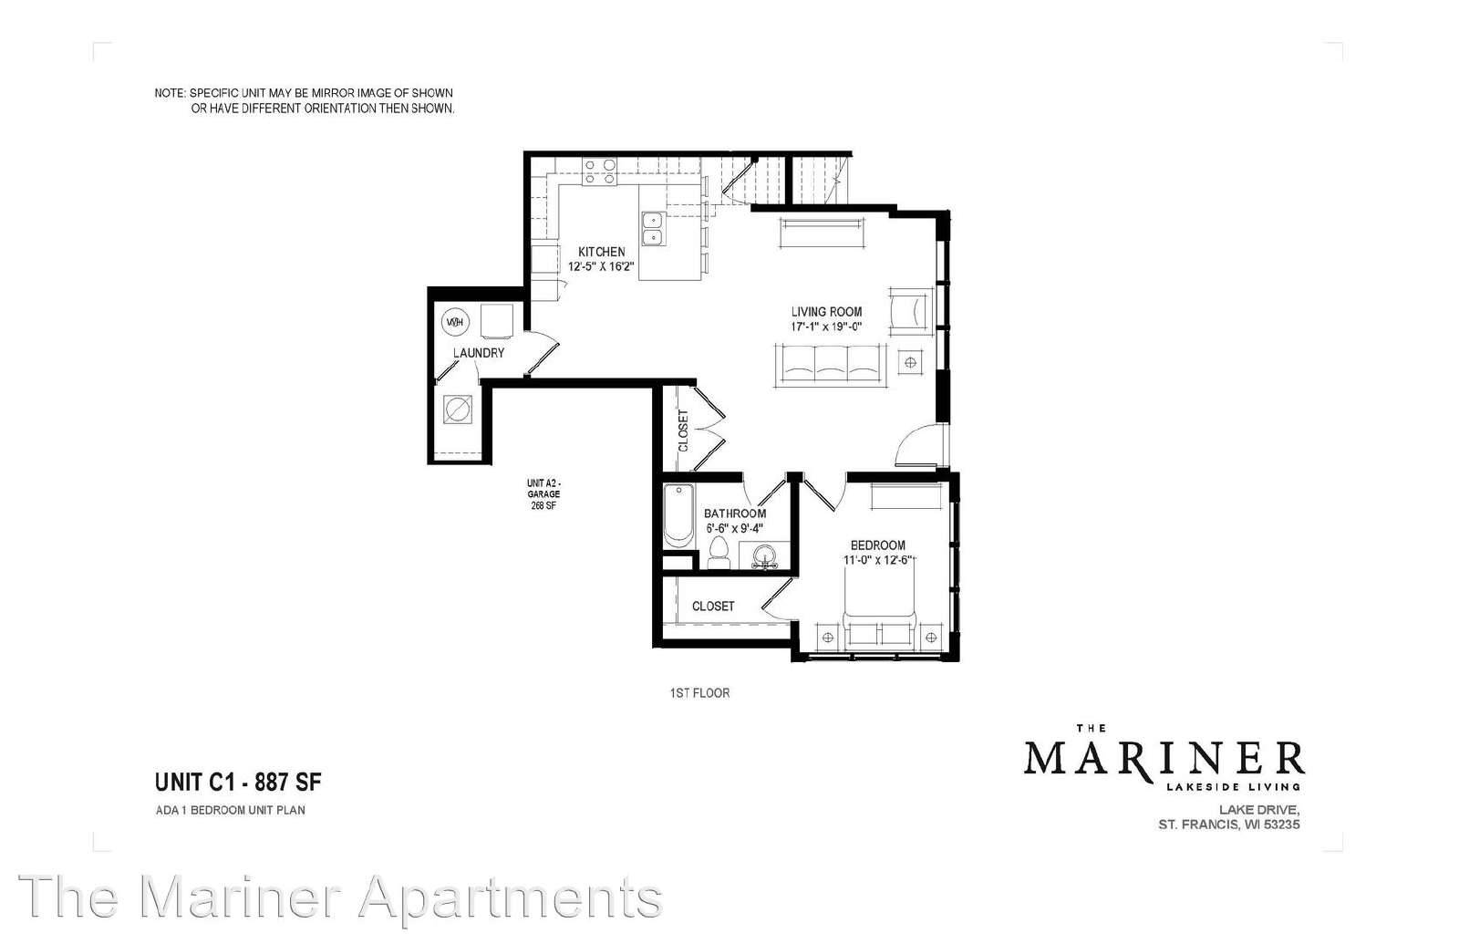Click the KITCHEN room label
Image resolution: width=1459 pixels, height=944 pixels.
[x=601, y=252]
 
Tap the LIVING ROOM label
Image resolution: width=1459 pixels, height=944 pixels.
[x=826, y=312]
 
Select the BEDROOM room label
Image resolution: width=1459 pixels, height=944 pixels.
[x=877, y=545]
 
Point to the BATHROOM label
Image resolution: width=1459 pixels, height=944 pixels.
[x=735, y=513]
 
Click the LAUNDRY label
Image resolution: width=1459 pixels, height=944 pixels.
[x=479, y=353]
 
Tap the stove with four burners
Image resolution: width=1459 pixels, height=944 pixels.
[x=599, y=172]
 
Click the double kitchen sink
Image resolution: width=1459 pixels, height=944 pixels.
[x=653, y=229]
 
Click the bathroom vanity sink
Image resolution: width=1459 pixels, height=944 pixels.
[x=765, y=557]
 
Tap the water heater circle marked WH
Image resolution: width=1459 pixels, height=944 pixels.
[x=455, y=321]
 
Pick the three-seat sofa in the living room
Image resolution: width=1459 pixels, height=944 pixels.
[x=830, y=365]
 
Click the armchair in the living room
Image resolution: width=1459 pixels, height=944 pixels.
[x=912, y=311]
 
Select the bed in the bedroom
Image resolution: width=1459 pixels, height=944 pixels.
[x=880, y=604]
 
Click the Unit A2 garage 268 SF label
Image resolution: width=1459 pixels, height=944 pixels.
[x=543, y=493]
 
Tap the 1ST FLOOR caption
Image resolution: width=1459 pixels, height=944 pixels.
[x=699, y=693]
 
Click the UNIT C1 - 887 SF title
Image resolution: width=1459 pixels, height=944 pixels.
[x=238, y=782]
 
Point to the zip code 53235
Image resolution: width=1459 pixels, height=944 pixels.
[x=1281, y=825]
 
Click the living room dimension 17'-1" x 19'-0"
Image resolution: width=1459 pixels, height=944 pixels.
[x=826, y=327]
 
